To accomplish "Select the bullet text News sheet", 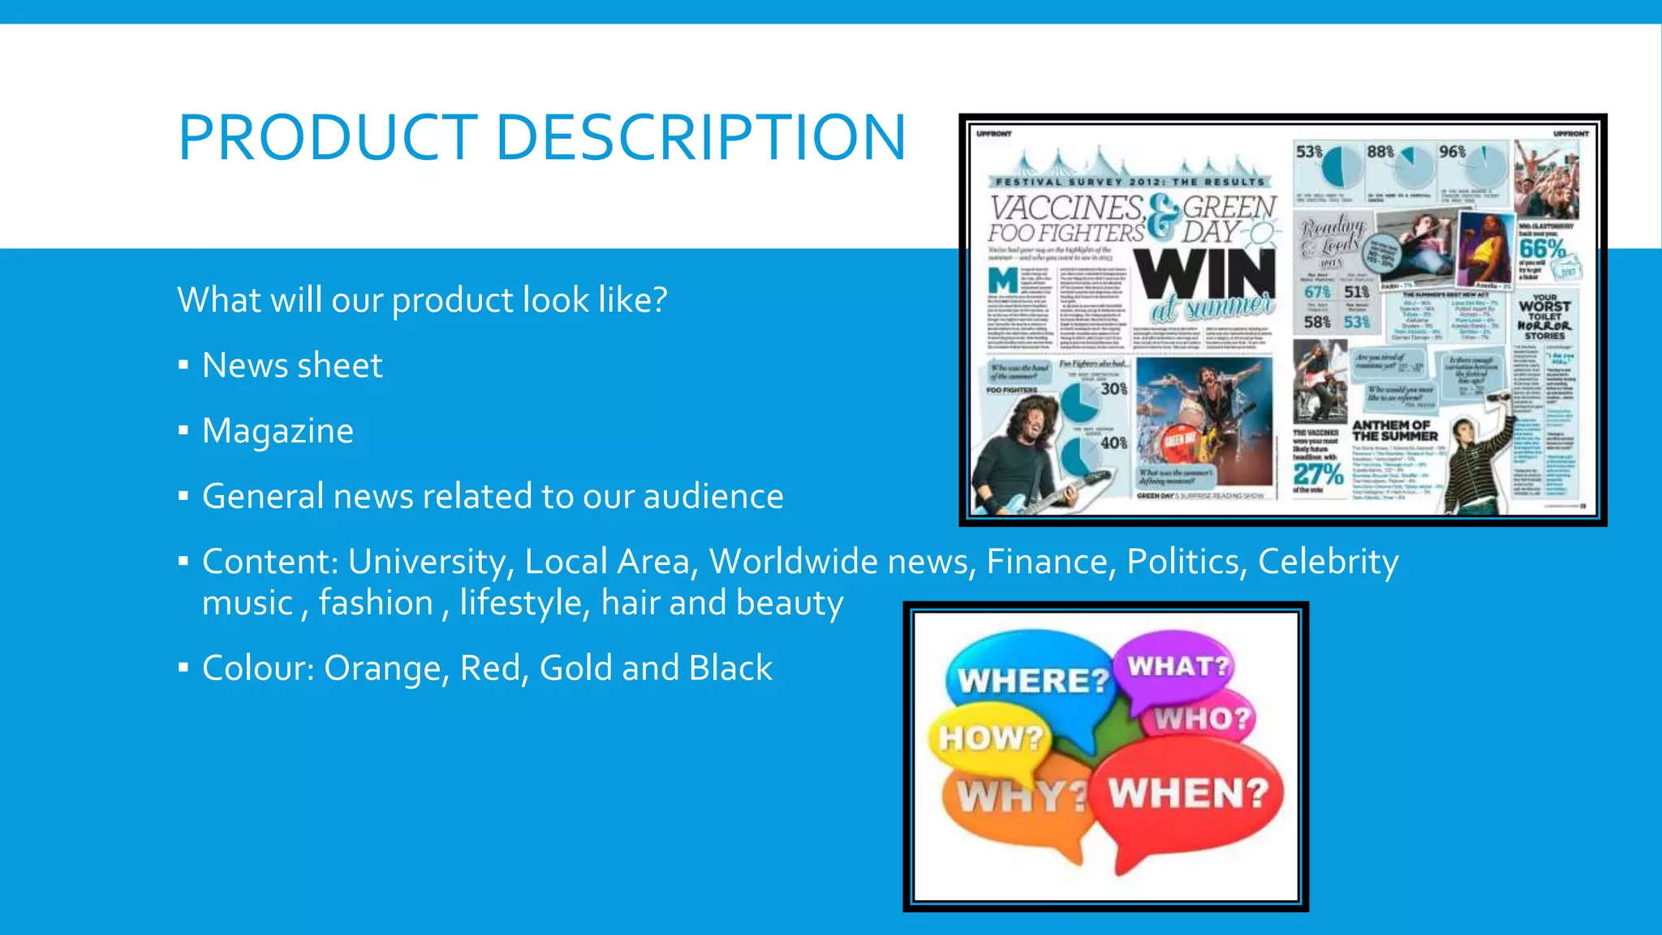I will pos(291,365).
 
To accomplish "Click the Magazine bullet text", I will pos(278,431).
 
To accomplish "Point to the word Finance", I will pos(1048,562).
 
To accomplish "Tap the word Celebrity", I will pos(1328,562).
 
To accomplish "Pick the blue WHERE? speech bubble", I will pos(1031,678).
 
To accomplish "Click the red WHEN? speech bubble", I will pos(1188,791).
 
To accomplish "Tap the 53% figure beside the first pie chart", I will pos(1308,152).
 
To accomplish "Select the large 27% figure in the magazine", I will pos(1318,473).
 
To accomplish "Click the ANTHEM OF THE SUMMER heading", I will pos(1393,430).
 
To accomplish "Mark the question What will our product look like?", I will pos(422,300).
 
